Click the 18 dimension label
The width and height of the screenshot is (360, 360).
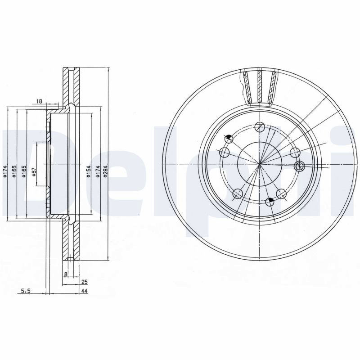39,101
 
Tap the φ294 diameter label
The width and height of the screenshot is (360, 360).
105,171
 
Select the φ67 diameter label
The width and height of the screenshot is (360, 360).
34,172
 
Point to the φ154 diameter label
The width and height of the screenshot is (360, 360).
88,171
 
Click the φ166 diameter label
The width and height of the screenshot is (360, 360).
14,171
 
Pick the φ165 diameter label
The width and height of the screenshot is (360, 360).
24,171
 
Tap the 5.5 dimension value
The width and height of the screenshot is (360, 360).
26,291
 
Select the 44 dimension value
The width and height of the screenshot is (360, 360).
84,291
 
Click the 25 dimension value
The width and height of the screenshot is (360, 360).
84,282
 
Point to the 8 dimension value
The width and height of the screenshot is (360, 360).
66,274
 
